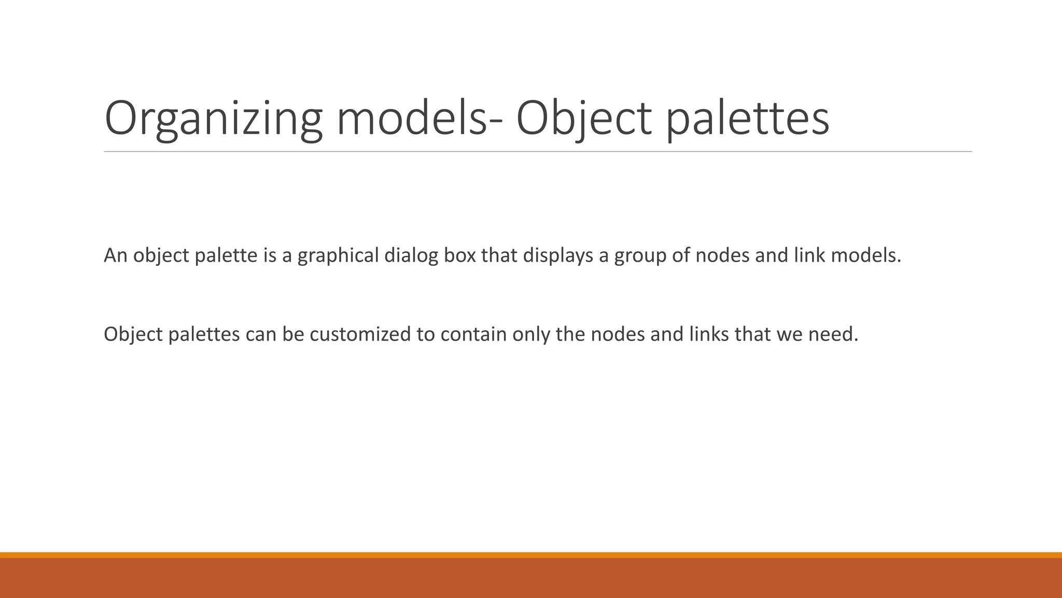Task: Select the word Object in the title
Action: click(583, 119)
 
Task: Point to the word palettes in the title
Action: click(747, 119)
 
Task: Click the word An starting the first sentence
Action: click(115, 255)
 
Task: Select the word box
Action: click(459, 255)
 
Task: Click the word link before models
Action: click(809, 255)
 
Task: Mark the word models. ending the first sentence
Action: click(866, 255)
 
